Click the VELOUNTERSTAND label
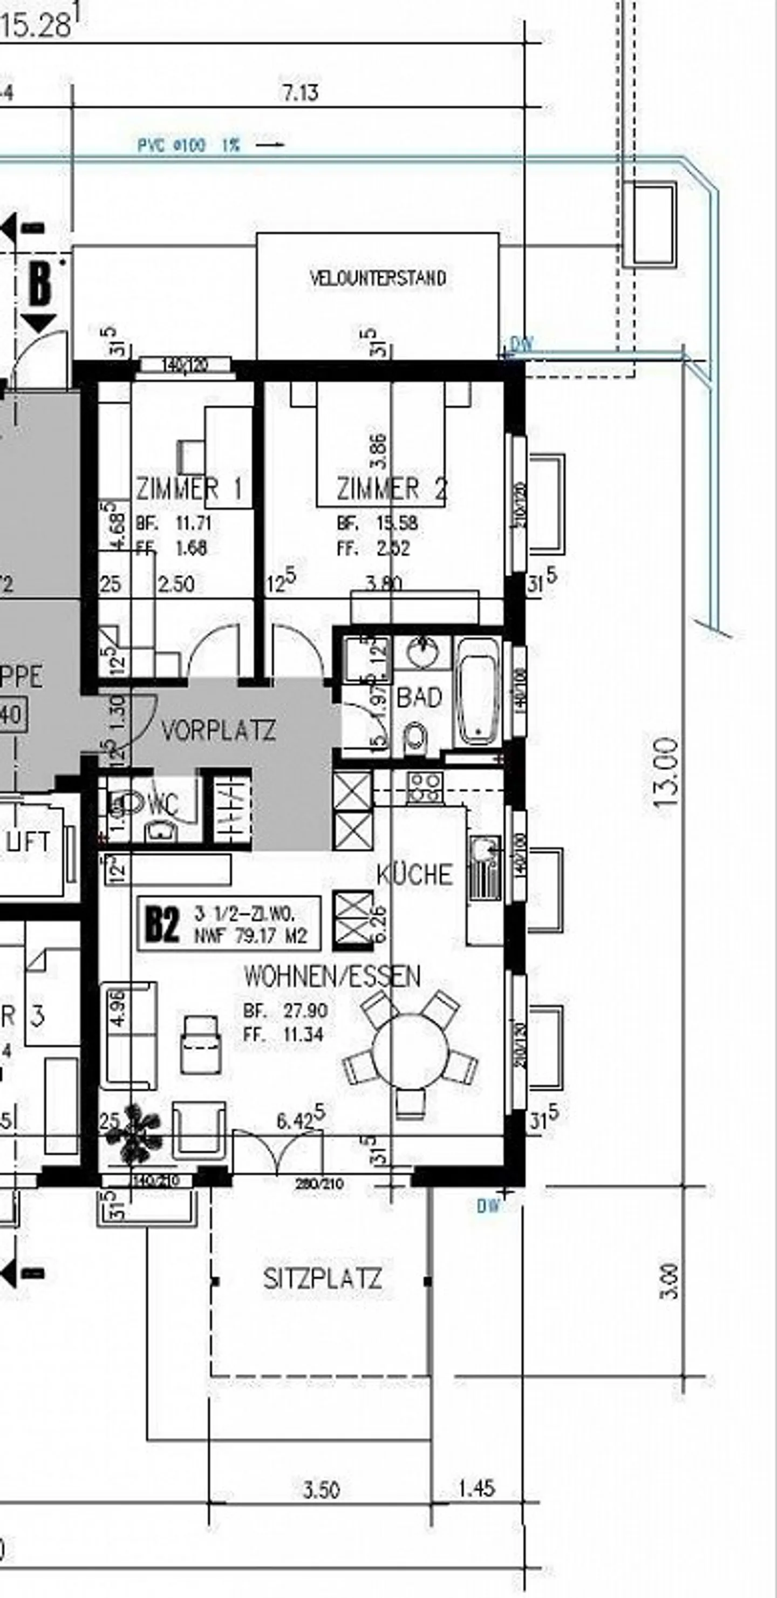tap(378, 277)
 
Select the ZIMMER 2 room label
tap(392, 489)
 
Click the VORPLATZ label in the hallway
tap(219, 730)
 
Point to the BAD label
tap(419, 697)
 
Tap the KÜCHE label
tap(414, 874)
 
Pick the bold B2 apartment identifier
tap(162, 924)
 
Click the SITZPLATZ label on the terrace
tap(323, 1279)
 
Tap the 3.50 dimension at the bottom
tap(321, 1490)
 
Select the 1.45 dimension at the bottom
tap(476, 1488)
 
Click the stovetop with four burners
tap(425, 788)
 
